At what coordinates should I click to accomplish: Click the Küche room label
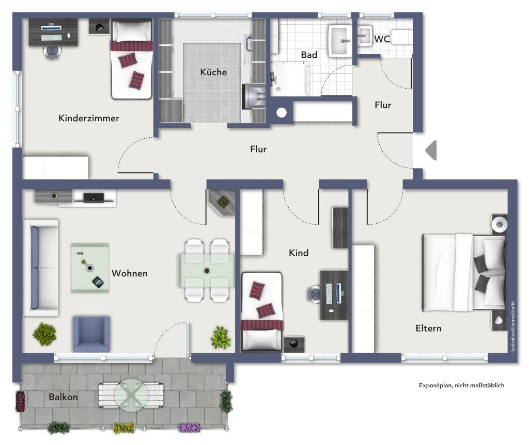(213, 72)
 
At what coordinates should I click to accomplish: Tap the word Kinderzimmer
(89, 118)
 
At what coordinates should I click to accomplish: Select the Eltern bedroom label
(428, 328)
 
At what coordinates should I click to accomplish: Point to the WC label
(382, 39)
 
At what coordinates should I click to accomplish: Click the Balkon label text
(63, 397)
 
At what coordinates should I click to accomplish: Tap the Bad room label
(309, 55)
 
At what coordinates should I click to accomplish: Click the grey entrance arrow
(431, 150)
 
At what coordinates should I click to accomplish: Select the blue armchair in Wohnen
(91, 334)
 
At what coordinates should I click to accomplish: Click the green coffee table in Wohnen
(90, 268)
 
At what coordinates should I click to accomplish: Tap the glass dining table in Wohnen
(207, 271)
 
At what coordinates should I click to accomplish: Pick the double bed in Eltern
(464, 272)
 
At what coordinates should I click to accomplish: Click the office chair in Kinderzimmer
(53, 53)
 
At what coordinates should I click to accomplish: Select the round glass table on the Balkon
(131, 395)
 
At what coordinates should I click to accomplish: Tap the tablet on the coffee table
(98, 282)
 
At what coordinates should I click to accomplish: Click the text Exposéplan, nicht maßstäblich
(461, 385)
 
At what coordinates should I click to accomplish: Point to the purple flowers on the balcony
(189, 428)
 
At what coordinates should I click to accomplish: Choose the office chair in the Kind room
(314, 294)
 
